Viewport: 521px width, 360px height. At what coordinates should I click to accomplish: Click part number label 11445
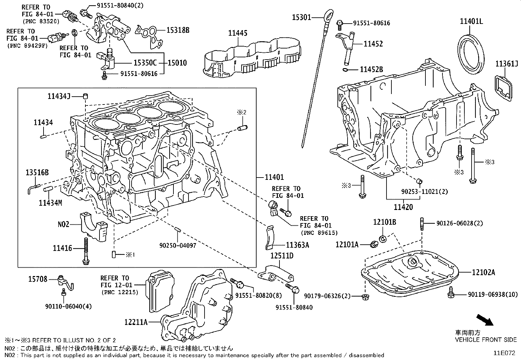pos(238,33)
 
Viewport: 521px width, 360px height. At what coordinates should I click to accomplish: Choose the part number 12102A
pos(483,272)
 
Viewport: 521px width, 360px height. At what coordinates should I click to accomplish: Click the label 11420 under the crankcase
pos(403,207)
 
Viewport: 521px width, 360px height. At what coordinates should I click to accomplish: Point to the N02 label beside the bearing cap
pos(63,224)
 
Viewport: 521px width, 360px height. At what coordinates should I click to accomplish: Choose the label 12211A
pos(136,322)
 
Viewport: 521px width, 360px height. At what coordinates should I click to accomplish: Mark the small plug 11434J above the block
pos(86,96)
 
